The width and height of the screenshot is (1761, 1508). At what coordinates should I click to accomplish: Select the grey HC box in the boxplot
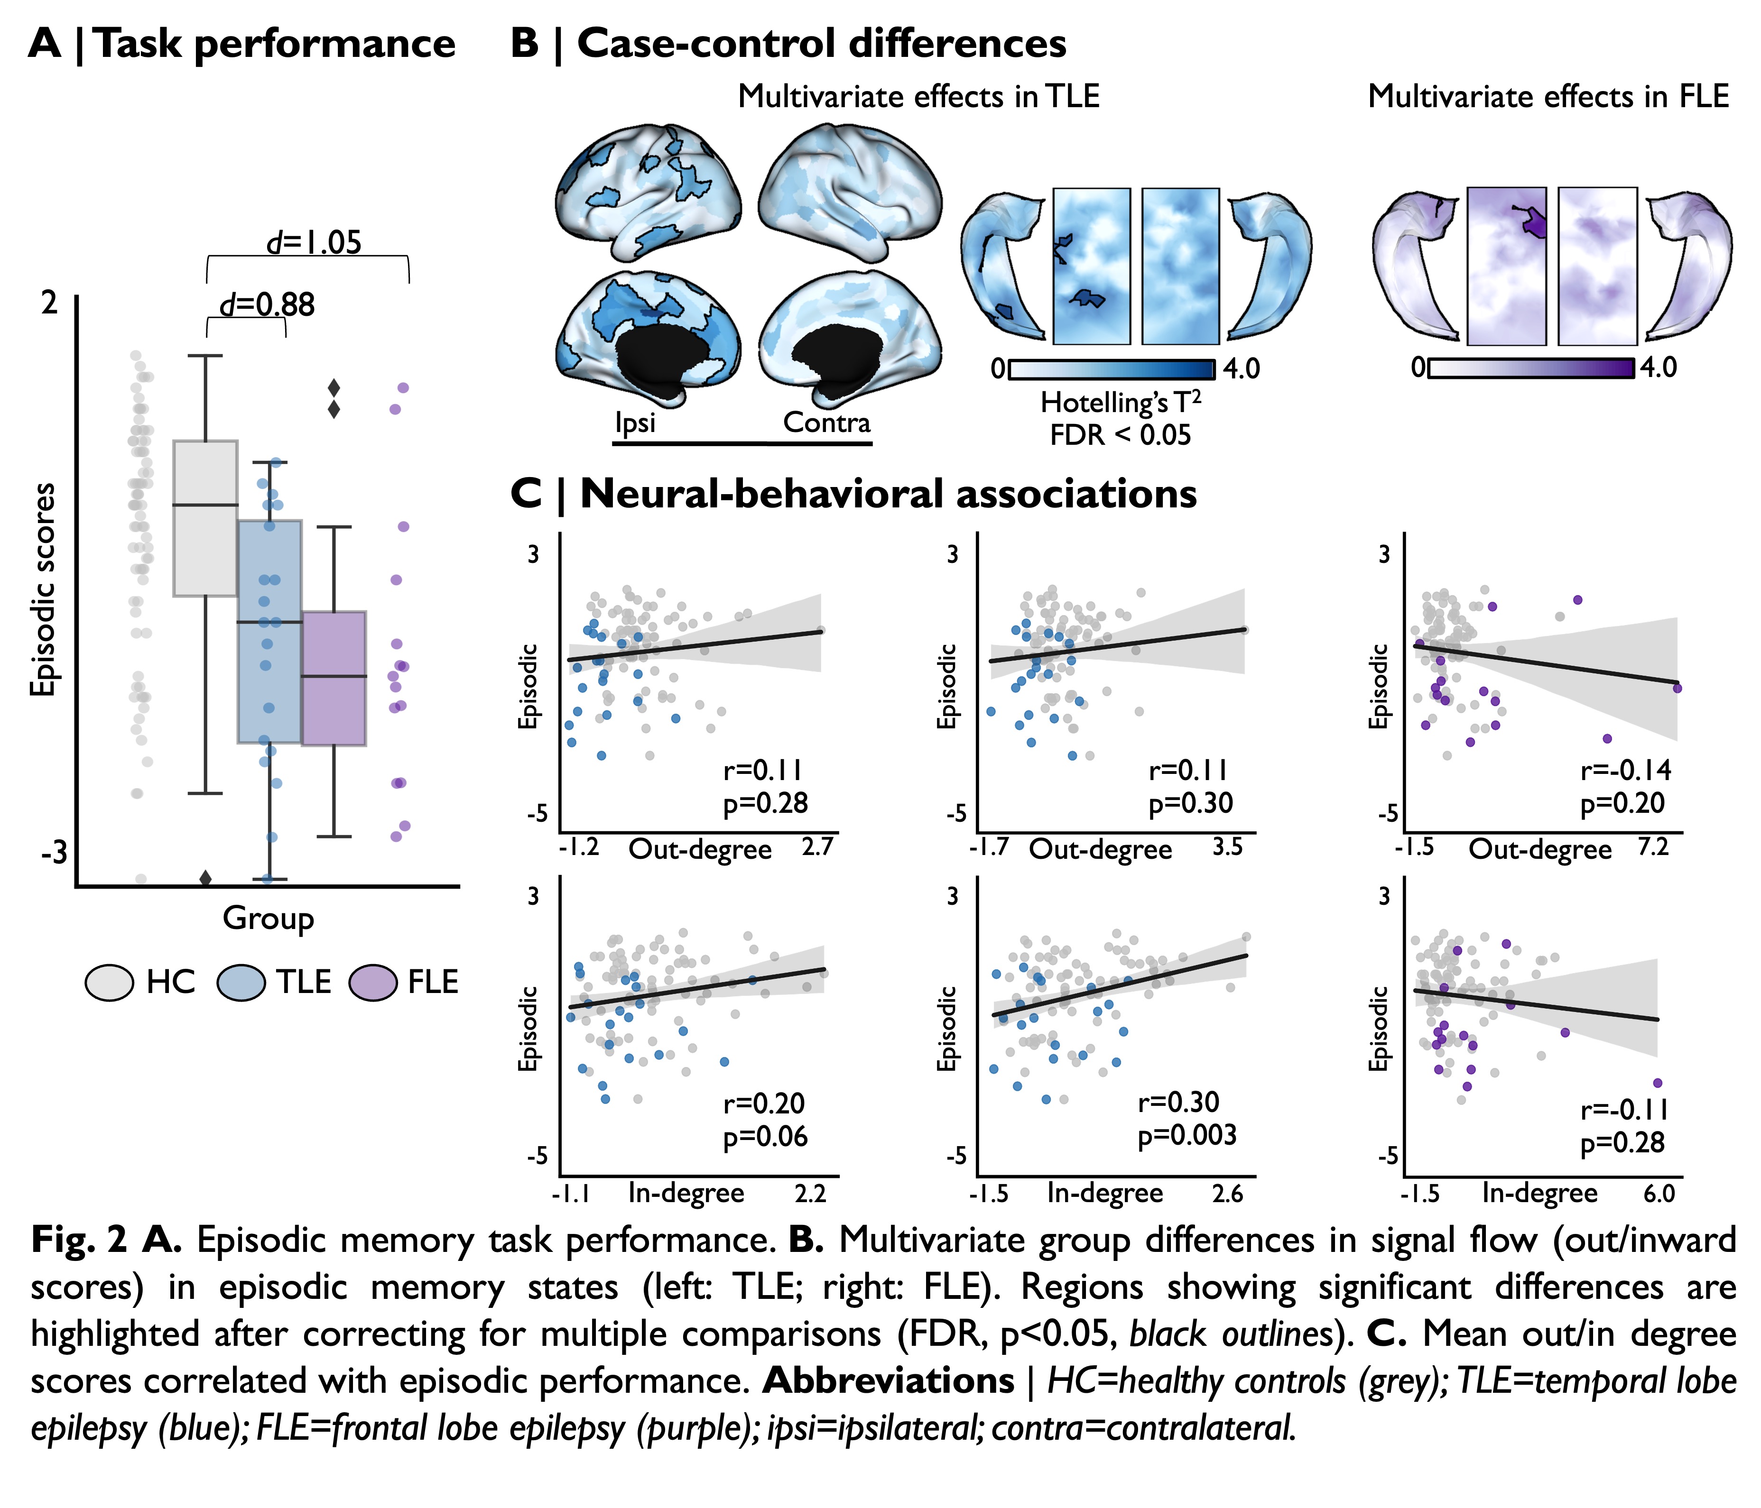[205, 518]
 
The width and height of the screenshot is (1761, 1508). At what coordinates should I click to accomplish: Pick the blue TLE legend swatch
[241, 983]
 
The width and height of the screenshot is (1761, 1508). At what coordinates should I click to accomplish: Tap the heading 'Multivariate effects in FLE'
[1548, 97]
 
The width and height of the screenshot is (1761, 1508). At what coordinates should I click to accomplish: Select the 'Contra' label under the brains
[826, 422]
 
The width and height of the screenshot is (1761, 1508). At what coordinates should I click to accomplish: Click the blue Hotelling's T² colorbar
[1112, 369]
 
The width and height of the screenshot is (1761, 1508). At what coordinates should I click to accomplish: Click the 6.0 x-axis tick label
[1658, 1194]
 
